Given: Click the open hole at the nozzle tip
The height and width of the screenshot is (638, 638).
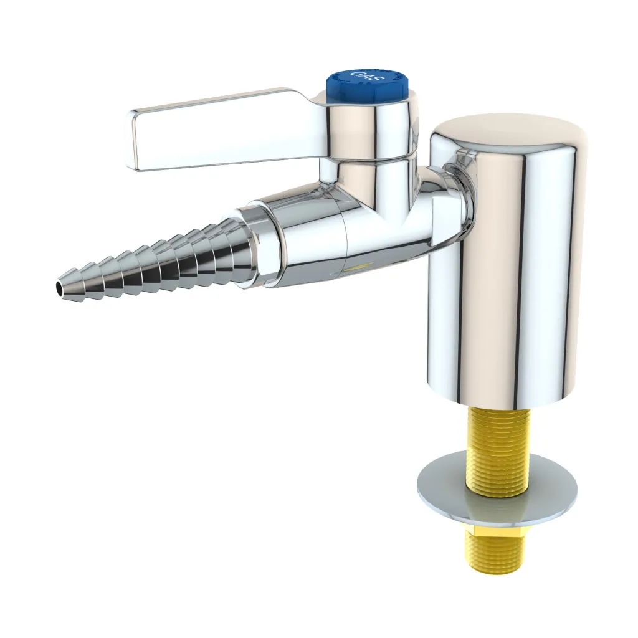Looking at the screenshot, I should tap(60, 288).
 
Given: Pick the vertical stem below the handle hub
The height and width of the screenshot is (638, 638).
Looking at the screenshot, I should tap(368, 181).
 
